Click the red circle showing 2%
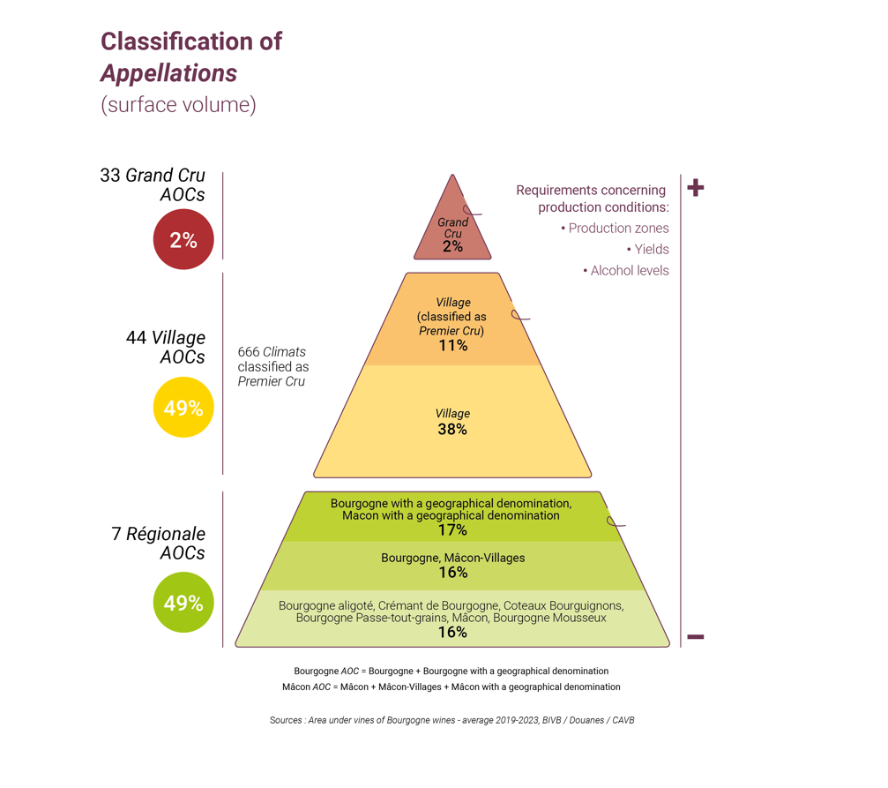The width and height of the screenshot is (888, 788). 183,239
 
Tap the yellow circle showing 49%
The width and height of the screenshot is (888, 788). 183,407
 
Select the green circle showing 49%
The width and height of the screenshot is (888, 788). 183,602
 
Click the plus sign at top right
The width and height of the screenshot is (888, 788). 696,188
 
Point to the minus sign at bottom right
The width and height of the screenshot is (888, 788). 696,636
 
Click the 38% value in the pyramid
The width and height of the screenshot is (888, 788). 451,429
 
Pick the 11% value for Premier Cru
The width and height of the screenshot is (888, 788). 452,345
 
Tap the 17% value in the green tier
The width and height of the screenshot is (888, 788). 452,530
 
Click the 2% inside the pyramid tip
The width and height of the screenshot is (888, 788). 452,246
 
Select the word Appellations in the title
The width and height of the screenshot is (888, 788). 168,73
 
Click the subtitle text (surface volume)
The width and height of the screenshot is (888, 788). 178,105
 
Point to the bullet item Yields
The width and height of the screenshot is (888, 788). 647,250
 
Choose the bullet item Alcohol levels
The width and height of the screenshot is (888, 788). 626,270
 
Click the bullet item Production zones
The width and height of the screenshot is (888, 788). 615,228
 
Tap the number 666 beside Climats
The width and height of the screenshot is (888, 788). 248,352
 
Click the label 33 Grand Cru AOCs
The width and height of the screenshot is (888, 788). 153,184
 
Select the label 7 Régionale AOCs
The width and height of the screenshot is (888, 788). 158,543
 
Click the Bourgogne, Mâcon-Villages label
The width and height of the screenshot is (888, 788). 452,558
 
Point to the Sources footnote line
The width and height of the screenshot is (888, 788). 451,720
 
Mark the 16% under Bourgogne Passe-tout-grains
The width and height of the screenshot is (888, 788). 452,632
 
